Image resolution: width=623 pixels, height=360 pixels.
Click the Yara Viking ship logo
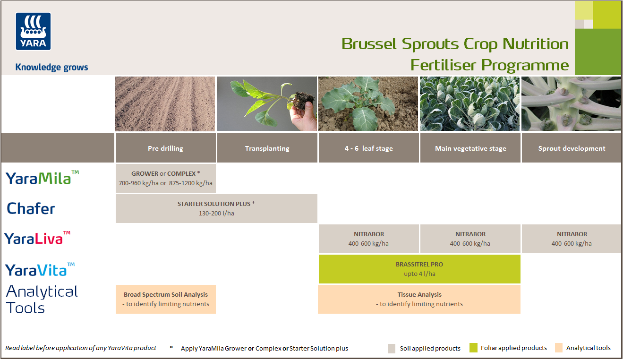point(33,31)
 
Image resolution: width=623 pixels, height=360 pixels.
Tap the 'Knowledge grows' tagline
point(51,67)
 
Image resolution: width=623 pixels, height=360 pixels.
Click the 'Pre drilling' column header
point(165,148)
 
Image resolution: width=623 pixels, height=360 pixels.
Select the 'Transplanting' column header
point(267,148)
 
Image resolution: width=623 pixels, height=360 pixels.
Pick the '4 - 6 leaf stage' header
point(368,148)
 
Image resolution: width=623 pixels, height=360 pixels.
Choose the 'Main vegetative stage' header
point(470,148)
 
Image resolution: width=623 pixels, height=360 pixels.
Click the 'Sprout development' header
point(572,148)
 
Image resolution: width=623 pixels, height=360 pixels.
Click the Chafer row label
point(31,208)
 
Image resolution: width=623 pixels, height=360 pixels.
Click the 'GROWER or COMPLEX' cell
point(165,178)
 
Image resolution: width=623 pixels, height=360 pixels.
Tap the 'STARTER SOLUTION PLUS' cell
point(216,208)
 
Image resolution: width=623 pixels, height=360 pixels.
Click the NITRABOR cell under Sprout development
point(572,239)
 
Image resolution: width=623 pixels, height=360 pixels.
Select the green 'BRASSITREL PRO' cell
point(419,269)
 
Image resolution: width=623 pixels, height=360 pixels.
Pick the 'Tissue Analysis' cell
point(419,299)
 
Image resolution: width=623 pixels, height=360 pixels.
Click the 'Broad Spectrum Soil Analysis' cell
point(165,299)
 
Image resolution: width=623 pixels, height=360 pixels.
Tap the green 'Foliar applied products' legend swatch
point(474,348)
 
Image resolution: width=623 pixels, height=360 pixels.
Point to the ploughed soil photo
point(165,104)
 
